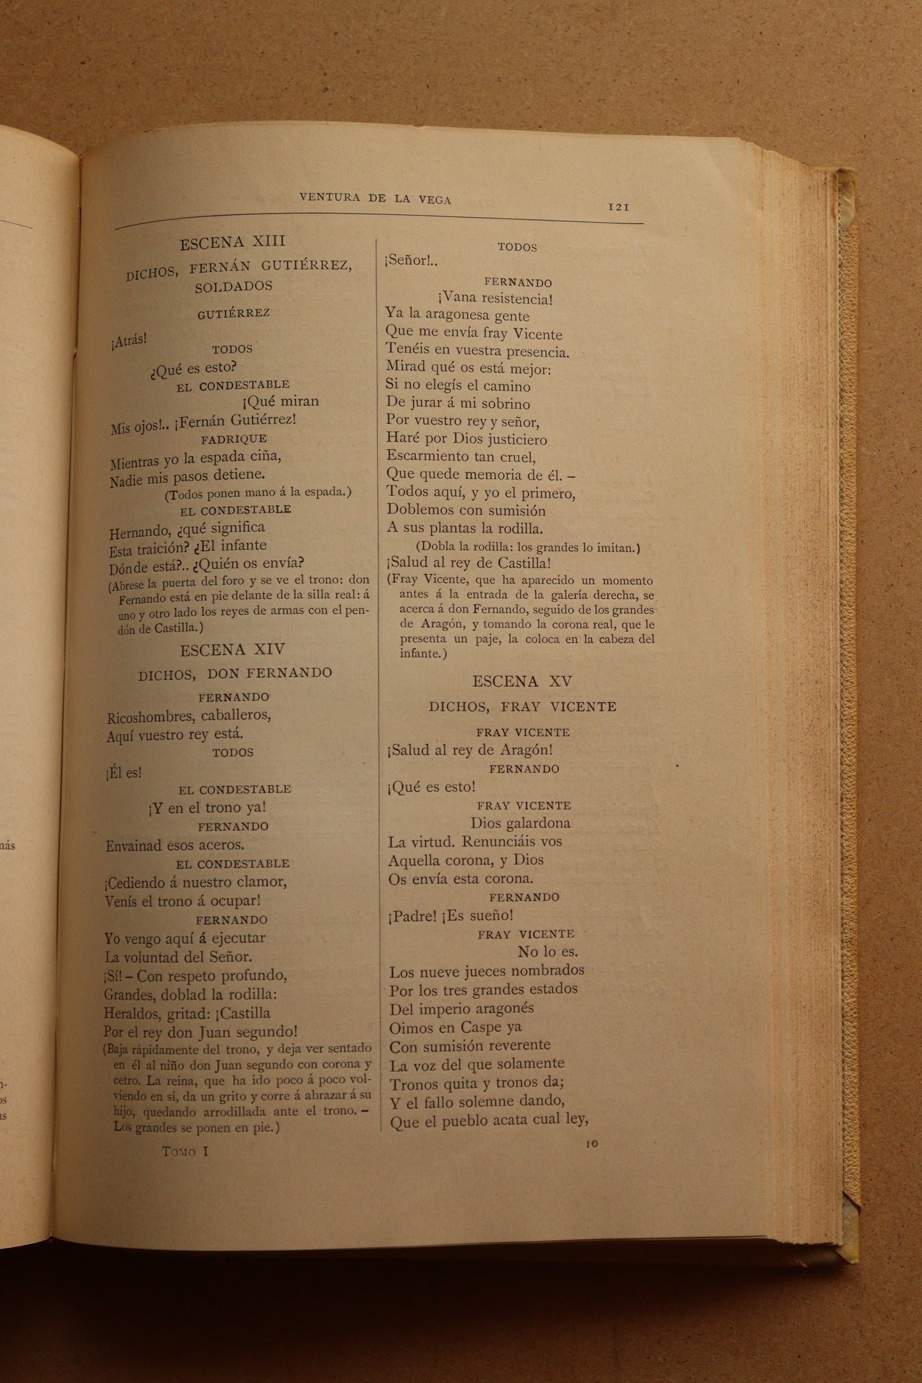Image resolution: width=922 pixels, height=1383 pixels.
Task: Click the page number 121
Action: tap(618, 207)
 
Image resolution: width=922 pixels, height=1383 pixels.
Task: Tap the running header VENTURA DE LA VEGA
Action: tap(375, 200)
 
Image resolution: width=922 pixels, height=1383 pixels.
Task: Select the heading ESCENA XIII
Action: tap(232, 242)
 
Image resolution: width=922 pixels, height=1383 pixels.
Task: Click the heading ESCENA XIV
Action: tap(232, 650)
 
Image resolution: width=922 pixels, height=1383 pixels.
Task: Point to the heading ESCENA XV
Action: tap(522, 681)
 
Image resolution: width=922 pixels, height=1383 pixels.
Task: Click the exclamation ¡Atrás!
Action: tap(128, 341)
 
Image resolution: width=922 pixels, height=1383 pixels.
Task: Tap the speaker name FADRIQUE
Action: tap(234, 439)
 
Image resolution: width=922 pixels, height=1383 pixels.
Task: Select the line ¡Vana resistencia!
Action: tap(495, 298)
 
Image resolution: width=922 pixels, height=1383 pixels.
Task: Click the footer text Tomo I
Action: tap(186, 1151)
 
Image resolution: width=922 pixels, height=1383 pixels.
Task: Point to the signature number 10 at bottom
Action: tap(591, 1144)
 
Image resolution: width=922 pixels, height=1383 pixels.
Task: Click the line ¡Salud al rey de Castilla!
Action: tap(468, 563)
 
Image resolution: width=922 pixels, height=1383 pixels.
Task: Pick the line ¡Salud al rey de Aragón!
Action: tap(470, 750)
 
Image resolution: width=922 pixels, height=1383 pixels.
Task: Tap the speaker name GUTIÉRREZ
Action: tap(234, 313)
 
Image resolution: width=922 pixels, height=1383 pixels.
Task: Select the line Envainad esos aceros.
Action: tap(175, 845)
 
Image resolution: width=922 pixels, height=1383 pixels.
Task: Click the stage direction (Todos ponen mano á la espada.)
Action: tap(258, 492)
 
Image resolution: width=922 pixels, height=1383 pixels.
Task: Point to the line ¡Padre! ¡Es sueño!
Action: tap(450, 915)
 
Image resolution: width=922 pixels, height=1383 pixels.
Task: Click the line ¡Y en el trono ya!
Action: tap(207, 807)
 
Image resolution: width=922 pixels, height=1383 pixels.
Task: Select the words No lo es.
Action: tap(547, 951)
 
